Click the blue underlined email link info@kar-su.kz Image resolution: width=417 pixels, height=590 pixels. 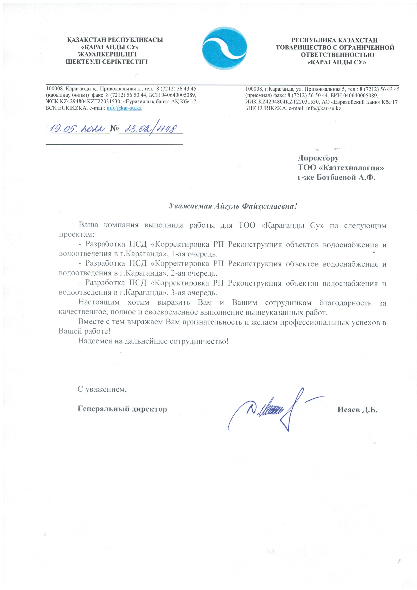click(124, 108)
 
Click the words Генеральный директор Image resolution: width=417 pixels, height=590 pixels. click(122, 409)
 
